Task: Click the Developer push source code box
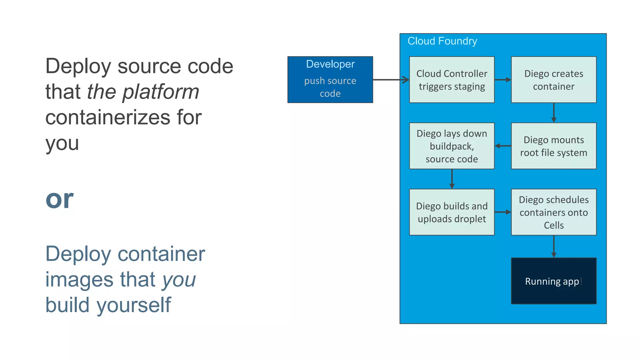[x=330, y=80]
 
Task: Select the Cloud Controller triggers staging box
[x=452, y=80]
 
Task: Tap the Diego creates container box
[x=553, y=80]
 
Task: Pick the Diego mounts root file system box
[x=553, y=146]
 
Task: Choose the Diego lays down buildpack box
[x=452, y=146]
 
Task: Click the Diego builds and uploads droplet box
[x=452, y=212]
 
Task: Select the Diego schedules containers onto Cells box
[x=553, y=212]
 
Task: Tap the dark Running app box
[x=553, y=281]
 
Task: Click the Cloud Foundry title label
[x=442, y=41]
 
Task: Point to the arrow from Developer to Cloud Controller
[x=391, y=80]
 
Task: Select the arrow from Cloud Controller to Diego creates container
[x=502, y=80]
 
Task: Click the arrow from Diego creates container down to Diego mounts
[x=553, y=112]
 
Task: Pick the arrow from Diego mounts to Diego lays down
[x=502, y=146]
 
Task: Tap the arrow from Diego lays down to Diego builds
[x=452, y=179]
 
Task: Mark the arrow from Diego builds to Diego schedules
[x=502, y=212]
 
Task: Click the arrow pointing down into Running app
[x=553, y=246]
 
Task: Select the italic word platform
[x=161, y=92]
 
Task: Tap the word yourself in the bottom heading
[x=134, y=305]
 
